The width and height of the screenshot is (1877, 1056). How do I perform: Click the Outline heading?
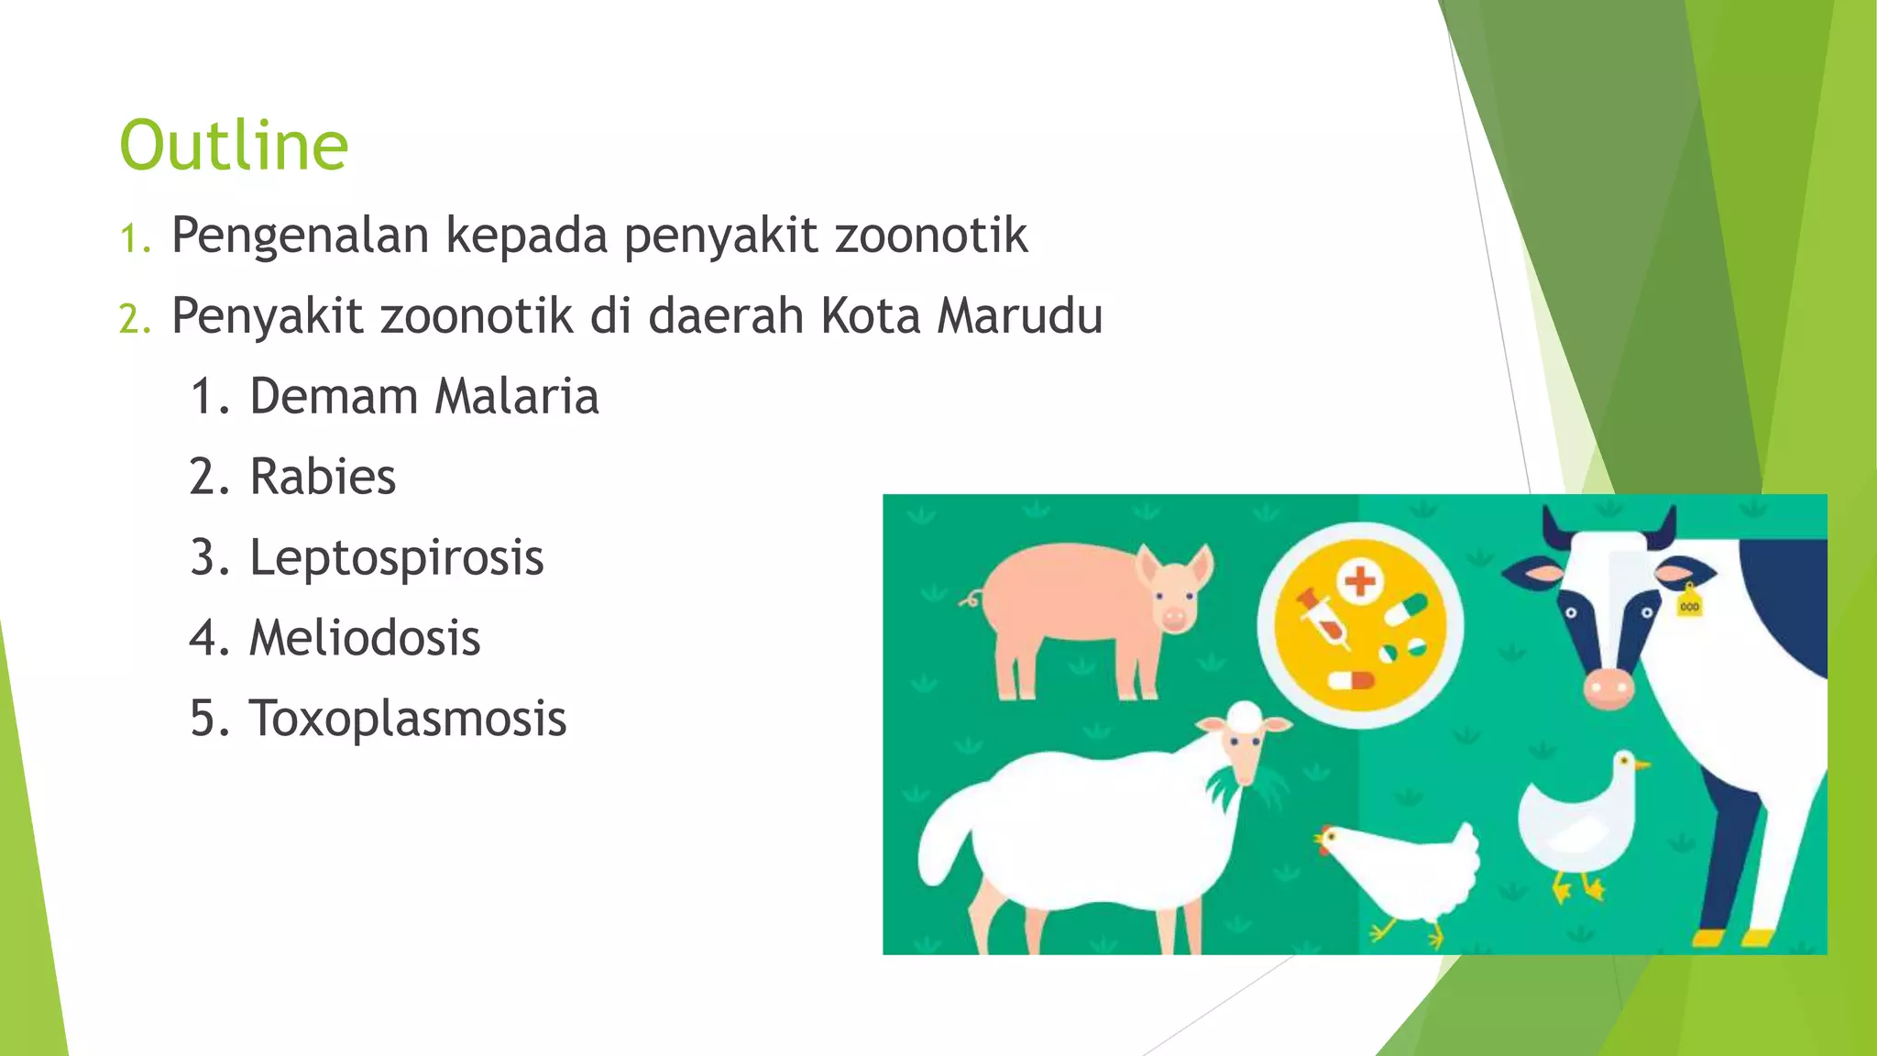pos(234,146)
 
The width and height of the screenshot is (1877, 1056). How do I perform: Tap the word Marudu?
pos(1019,316)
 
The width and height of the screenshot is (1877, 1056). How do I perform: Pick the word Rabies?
pos(323,478)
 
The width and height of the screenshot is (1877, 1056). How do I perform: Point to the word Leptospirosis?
pos(396,558)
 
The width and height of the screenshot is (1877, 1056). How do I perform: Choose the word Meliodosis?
pos(365,639)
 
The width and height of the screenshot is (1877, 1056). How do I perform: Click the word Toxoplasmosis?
pos(408,719)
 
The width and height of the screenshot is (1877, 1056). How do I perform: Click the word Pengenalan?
pos(300,236)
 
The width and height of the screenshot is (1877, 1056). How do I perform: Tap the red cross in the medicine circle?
pos(1360,580)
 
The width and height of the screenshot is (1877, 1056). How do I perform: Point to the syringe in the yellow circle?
pos(1322,619)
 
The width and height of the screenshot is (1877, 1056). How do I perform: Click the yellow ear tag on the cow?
pos(1689,605)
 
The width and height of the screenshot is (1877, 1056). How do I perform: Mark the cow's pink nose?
pos(1608,687)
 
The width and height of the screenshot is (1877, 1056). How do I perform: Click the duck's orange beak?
pos(1642,764)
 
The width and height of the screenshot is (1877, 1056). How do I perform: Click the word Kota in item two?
pos(870,316)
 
